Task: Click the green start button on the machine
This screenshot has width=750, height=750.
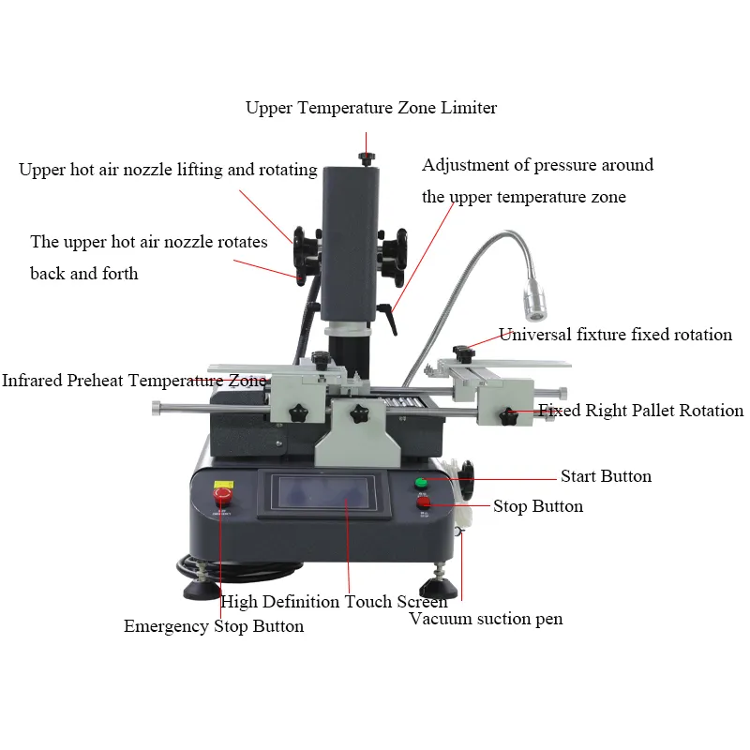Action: (x=421, y=483)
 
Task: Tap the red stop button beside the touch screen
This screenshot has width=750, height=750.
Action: (x=424, y=502)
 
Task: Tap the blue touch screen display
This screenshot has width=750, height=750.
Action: (x=324, y=494)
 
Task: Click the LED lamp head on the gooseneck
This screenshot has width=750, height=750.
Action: (x=534, y=299)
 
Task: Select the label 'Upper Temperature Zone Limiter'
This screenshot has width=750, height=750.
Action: (x=371, y=108)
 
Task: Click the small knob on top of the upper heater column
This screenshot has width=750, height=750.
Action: (x=367, y=158)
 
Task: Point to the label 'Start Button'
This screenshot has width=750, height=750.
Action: (x=606, y=476)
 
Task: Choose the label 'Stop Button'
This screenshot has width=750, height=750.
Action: (x=538, y=506)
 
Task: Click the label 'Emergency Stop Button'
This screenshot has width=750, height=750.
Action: (x=214, y=626)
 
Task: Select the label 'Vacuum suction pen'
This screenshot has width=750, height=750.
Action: (x=486, y=619)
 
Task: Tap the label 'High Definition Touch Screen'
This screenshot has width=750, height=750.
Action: (x=334, y=601)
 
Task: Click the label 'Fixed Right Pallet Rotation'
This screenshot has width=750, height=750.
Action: (x=641, y=411)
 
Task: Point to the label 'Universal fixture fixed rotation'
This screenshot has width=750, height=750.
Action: (x=615, y=335)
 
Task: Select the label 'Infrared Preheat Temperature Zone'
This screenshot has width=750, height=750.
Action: (x=134, y=381)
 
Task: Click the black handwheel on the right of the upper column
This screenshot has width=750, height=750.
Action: (x=394, y=256)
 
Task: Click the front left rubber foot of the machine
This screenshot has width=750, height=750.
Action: (x=202, y=590)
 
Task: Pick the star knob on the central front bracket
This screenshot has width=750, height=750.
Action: (x=359, y=414)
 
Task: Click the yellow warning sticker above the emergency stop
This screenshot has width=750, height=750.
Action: (x=223, y=485)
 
